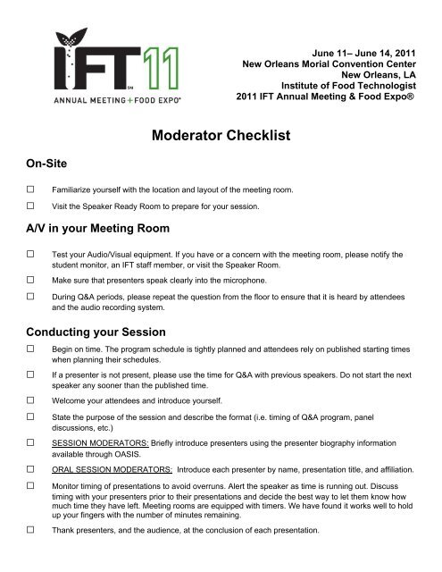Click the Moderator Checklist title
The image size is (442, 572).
click(x=221, y=136)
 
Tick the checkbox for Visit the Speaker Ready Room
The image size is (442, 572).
click(x=31, y=207)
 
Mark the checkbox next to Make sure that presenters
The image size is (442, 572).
click(x=31, y=279)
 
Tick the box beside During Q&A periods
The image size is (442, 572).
click(x=31, y=295)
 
